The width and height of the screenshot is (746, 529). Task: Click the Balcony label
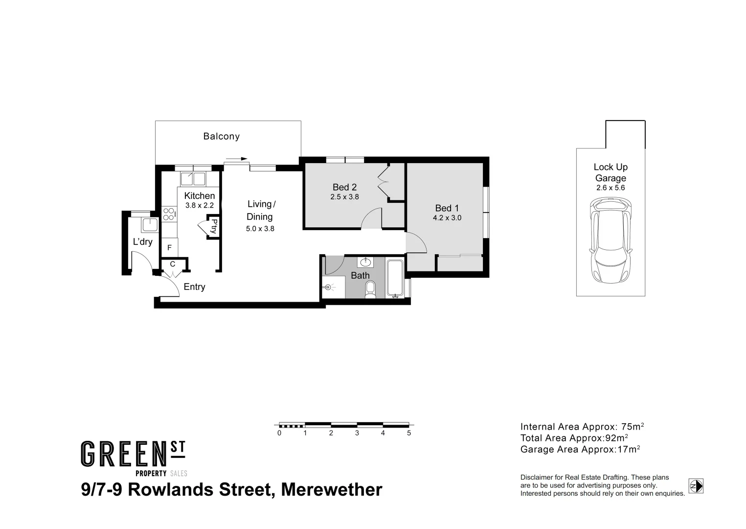click(221, 137)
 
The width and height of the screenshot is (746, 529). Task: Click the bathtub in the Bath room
click(394, 279)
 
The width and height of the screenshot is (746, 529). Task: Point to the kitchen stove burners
click(169, 214)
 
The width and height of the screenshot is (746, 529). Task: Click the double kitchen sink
click(193, 179)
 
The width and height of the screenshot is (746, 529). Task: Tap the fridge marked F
click(170, 248)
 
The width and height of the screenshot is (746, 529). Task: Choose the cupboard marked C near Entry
click(173, 264)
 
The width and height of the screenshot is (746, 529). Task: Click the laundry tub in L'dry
click(149, 225)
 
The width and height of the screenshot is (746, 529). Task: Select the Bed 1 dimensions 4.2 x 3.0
click(447, 218)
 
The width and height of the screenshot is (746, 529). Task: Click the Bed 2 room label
click(344, 187)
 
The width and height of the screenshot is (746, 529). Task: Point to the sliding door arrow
click(237, 159)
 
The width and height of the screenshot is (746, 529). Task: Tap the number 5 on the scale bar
click(409, 433)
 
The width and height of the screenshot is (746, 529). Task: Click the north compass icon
click(696, 486)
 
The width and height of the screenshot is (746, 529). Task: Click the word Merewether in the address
click(332, 489)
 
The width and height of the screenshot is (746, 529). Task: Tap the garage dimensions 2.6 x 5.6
click(610, 188)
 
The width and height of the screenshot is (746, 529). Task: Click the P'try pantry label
click(214, 226)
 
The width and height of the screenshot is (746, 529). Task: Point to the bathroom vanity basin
click(365, 262)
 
